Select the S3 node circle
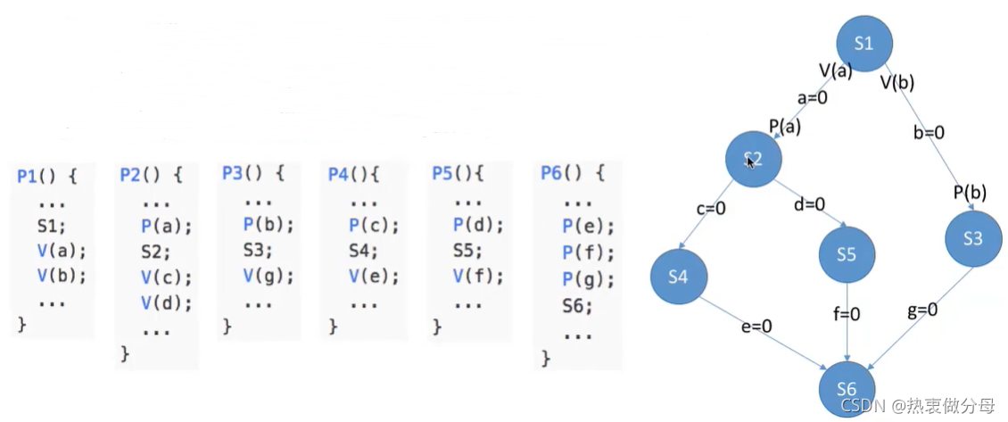(x=974, y=238)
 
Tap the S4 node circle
(x=678, y=276)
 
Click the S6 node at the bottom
(x=847, y=390)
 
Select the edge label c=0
(x=711, y=210)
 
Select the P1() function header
(x=47, y=175)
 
